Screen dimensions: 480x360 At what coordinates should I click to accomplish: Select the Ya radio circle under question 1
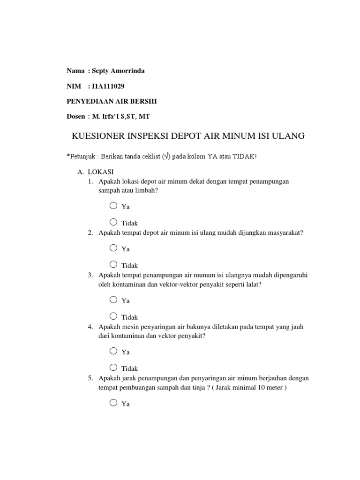(113, 205)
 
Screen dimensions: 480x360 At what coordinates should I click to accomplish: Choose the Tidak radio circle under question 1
(113, 222)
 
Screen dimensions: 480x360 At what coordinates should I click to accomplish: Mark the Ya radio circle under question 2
(113, 247)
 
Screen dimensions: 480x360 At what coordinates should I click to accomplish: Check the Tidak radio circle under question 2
(113, 264)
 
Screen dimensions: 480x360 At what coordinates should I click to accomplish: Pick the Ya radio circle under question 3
(113, 299)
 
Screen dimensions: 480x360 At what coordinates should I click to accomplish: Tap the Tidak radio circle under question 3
(113, 316)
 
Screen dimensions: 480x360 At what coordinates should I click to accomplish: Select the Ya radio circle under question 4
(113, 351)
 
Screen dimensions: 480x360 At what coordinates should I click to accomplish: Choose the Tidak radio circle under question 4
(113, 367)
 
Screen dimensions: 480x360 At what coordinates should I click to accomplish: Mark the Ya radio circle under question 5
(113, 402)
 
